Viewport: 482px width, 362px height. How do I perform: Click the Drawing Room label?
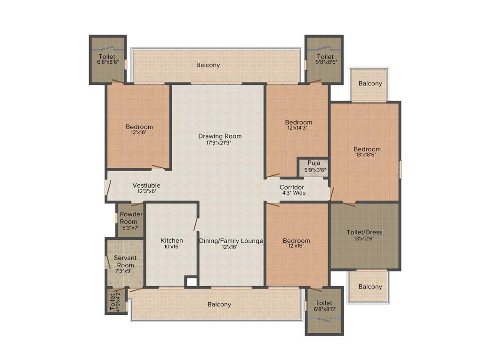217,136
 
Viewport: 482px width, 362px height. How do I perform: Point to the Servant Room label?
126,262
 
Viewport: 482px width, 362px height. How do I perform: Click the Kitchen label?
171,240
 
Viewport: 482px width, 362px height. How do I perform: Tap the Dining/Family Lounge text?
231,240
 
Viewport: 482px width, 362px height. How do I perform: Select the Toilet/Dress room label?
364,232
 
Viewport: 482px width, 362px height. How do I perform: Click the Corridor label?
292,187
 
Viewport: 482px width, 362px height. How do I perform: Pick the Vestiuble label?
146,185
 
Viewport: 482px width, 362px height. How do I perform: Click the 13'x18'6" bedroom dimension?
367,156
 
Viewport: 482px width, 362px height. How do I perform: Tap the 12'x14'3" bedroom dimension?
298,129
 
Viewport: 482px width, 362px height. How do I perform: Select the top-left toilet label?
107,57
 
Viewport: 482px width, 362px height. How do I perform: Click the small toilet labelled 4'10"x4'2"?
115,301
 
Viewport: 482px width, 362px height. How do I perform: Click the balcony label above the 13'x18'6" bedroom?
370,83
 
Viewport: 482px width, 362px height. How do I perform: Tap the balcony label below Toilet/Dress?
370,287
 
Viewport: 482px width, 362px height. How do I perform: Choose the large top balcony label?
208,65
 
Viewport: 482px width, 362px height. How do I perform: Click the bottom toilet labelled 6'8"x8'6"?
324,305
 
